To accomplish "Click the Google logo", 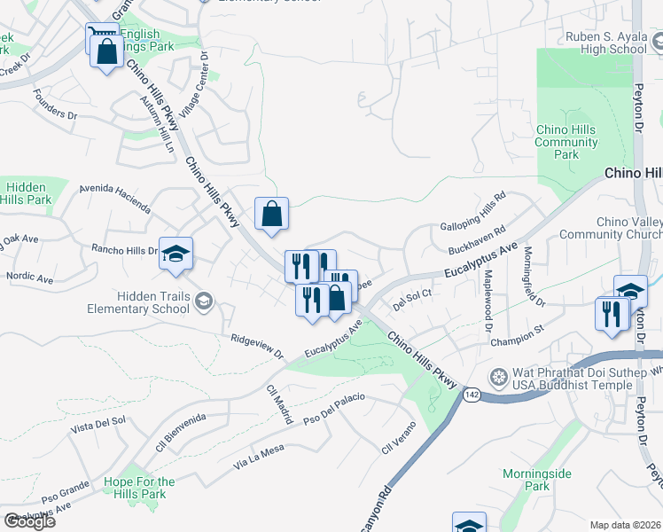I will (x=29, y=521).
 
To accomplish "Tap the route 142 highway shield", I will (x=471, y=395).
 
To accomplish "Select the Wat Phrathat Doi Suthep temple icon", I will (x=499, y=377).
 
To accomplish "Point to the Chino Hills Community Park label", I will (x=566, y=142).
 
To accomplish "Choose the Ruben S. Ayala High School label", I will (x=607, y=43).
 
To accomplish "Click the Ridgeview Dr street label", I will (x=256, y=346).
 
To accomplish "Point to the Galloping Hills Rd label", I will (x=473, y=210).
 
